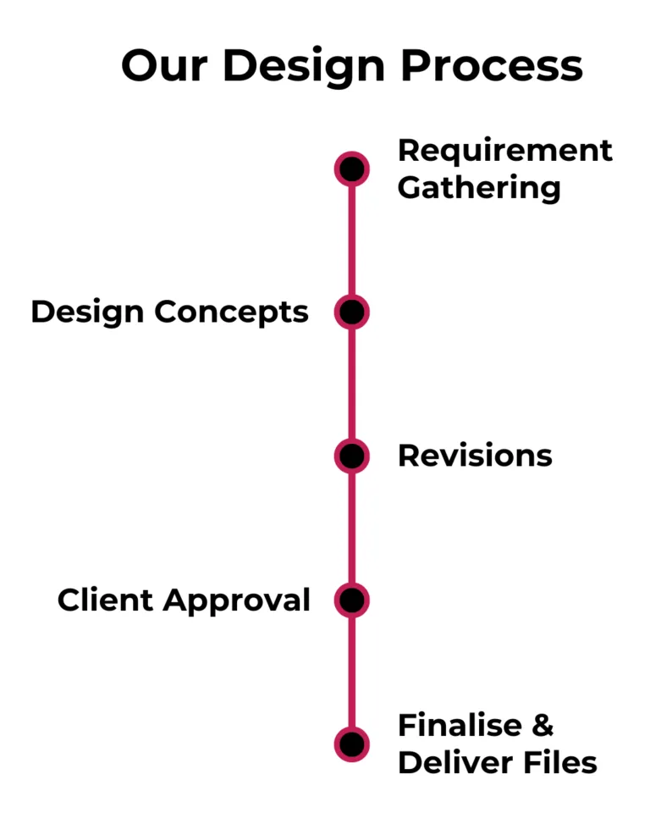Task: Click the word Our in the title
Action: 162,64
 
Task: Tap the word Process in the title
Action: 491,64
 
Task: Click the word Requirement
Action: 505,151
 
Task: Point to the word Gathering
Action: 479,188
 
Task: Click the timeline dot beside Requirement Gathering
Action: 352,169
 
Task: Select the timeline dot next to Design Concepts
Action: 352,312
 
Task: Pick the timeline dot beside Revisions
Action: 352,456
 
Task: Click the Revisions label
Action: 475,456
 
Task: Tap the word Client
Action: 106,600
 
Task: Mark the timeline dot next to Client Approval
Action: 352,600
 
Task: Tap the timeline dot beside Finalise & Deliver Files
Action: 352,744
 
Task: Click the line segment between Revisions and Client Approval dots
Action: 352,528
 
